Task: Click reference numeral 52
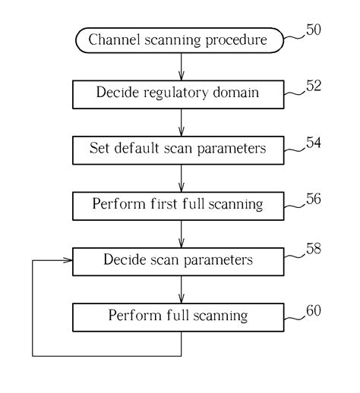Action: [311, 86]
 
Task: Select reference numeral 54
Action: [311, 141]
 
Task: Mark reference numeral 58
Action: [311, 253]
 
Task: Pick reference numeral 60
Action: [311, 309]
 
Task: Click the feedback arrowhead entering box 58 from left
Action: [67, 260]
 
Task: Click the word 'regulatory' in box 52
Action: [175, 93]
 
